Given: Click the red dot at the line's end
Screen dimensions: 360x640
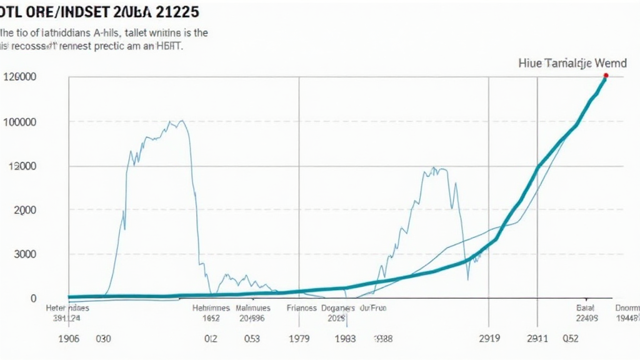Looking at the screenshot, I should tap(606, 76).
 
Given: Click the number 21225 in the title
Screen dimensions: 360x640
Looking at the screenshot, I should tap(178, 11).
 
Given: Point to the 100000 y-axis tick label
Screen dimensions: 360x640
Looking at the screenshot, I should tap(19, 121).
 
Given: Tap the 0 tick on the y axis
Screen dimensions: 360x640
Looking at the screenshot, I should tap(33, 299).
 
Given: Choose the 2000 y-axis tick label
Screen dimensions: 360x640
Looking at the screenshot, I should tap(24, 211).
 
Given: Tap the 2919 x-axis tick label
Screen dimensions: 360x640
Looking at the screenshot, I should tap(489, 339).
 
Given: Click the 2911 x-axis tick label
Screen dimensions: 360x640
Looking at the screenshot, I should tap(537, 339).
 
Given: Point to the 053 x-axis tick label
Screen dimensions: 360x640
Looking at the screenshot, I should tap(252, 339).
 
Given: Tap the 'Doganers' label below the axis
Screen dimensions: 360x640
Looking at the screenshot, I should tap(337, 308).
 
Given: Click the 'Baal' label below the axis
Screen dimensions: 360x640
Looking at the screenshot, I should tap(586, 308).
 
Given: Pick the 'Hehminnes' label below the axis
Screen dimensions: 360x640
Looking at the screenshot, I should tap(211, 308).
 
